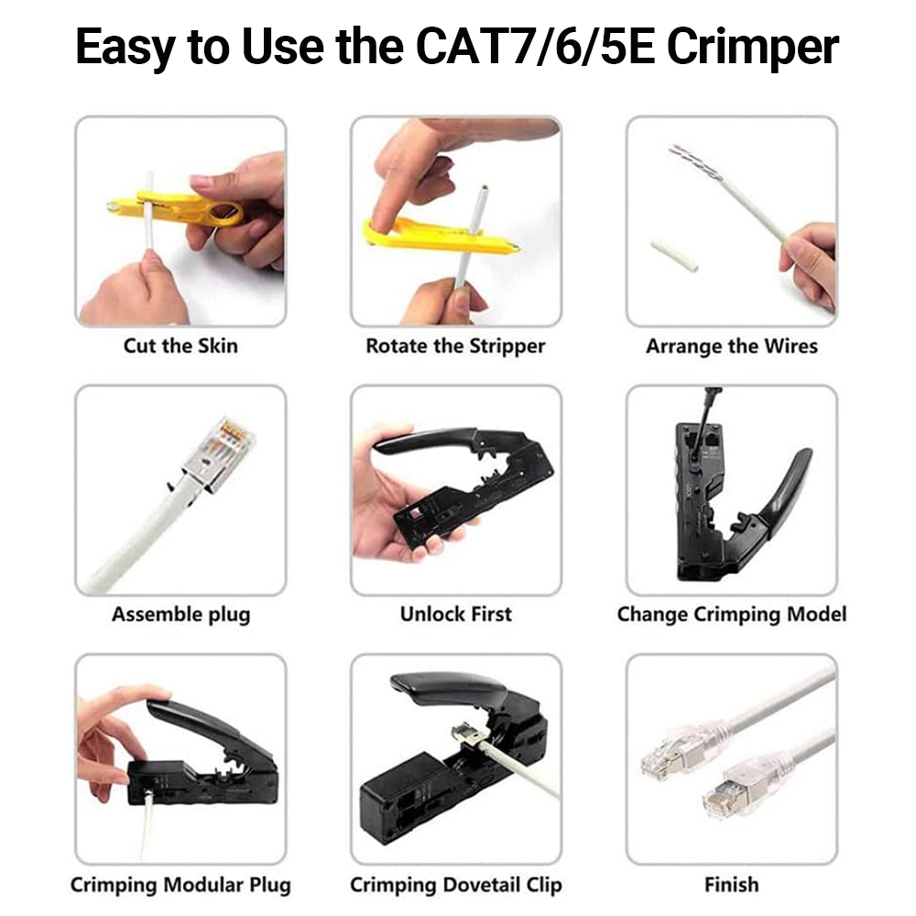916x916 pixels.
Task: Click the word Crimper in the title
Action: click(752, 46)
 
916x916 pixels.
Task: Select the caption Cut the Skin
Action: click(180, 346)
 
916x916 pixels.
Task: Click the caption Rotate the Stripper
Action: click(455, 346)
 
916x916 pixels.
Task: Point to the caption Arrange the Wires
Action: click(731, 346)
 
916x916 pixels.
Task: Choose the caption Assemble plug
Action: click(181, 615)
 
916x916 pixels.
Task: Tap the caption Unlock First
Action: click(455, 614)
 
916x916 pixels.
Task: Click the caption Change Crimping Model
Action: click(731, 615)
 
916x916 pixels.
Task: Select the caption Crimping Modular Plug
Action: click(180, 885)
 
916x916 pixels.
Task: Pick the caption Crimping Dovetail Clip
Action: click(455, 885)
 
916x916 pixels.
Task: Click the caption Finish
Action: click(731, 885)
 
